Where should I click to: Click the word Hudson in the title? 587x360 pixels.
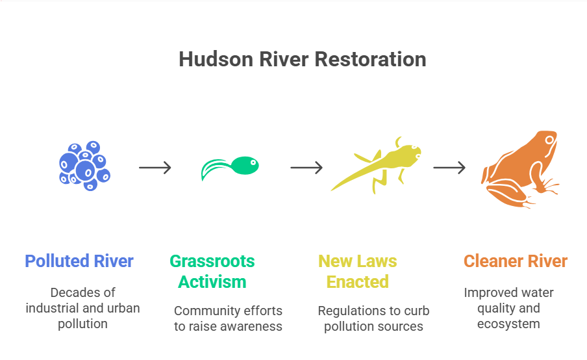tap(216, 59)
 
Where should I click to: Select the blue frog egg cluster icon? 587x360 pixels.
tap(84, 166)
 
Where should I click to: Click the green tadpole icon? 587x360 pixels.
tap(230, 168)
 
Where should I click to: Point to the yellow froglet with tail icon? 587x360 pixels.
tap(376, 165)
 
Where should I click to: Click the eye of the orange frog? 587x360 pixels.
tap(549, 140)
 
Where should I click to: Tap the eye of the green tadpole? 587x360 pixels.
tap(253, 162)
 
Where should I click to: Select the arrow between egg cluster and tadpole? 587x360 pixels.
tap(155, 168)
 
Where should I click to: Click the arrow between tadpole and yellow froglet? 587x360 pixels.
tap(306, 168)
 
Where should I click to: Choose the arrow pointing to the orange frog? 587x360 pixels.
tap(449, 168)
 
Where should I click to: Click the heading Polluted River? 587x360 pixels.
tap(79, 261)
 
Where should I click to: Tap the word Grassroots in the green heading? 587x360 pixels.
tap(212, 261)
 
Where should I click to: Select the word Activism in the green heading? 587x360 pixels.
tap(212, 282)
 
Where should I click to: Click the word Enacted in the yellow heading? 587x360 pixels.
tap(358, 282)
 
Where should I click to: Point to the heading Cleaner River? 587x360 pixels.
tap(516, 261)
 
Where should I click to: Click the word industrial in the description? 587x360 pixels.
tap(53, 308)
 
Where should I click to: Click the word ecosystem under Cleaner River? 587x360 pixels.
tap(508, 324)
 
